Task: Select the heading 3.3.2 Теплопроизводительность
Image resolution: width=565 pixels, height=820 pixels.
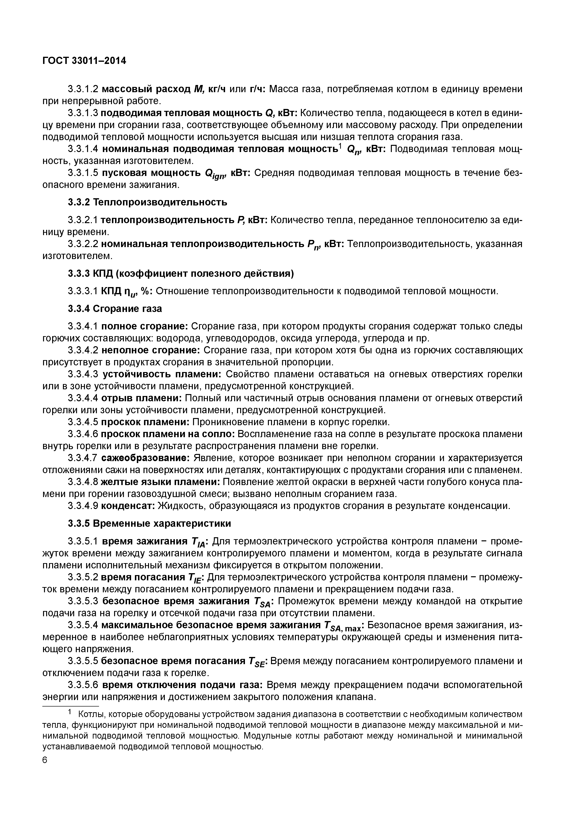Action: (x=147, y=202)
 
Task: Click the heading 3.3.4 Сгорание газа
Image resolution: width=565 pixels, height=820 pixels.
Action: (x=115, y=309)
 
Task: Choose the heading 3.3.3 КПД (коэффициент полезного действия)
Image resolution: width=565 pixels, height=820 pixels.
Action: (x=181, y=274)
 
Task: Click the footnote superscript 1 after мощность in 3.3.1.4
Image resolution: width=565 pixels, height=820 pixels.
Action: (x=340, y=146)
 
